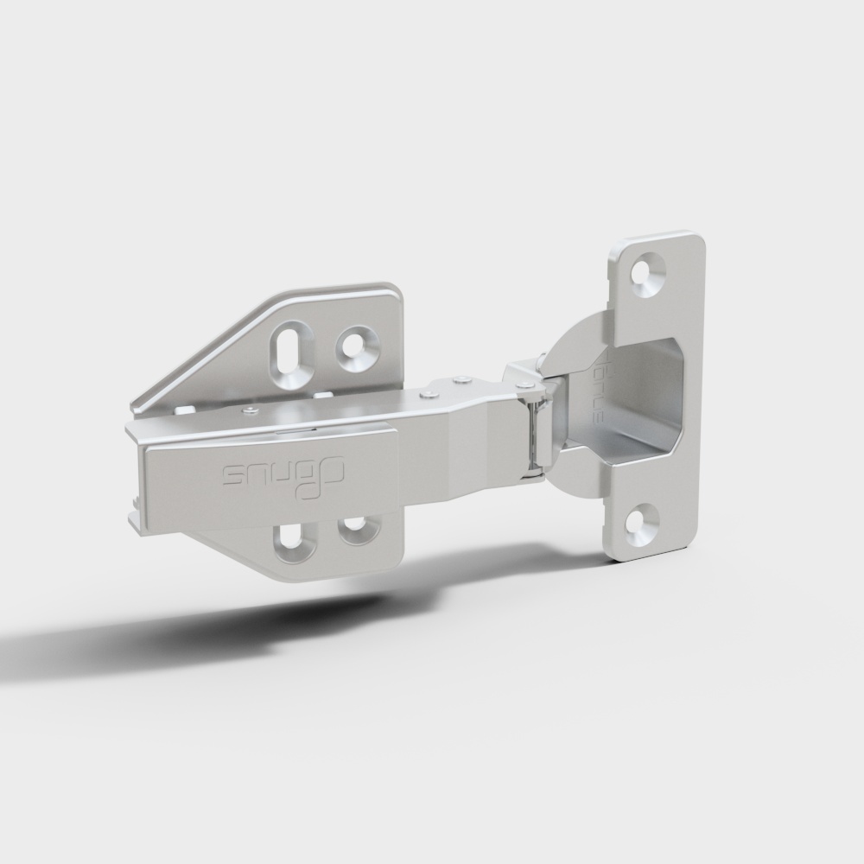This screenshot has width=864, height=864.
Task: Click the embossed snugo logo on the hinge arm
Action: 284,474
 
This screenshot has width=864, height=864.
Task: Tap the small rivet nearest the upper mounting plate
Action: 250,410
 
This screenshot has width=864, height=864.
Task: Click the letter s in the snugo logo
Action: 234,475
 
